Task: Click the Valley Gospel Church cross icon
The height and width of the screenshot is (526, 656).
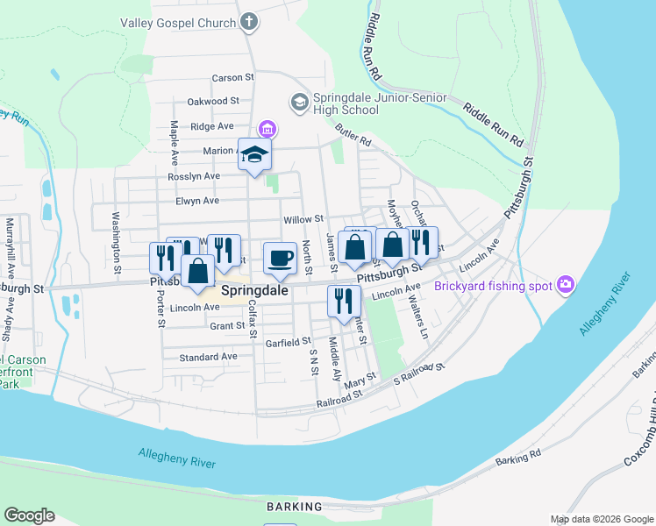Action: click(249, 21)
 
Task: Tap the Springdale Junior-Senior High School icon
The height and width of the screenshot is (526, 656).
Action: click(299, 103)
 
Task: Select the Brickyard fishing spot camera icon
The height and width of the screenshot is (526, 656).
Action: click(566, 285)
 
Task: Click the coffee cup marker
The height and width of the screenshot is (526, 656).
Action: click(281, 258)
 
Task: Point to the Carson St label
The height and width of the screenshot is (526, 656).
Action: click(232, 77)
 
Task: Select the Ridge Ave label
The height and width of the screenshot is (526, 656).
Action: click(211, 126)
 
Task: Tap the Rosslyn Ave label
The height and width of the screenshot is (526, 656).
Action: click(194, 176)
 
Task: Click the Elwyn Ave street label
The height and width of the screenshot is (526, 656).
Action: click(197, 201)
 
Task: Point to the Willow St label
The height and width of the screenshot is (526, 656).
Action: click(303, 219)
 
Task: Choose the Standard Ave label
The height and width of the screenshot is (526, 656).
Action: click(208, 358)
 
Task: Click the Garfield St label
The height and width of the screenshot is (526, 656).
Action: click(288, 342)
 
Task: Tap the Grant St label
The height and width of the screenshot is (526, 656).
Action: click(226, 326)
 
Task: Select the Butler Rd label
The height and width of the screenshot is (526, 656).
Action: click(353, 136)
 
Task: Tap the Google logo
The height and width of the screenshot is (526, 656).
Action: click(29, 515)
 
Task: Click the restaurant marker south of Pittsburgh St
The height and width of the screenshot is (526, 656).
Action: click(341, 301)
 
